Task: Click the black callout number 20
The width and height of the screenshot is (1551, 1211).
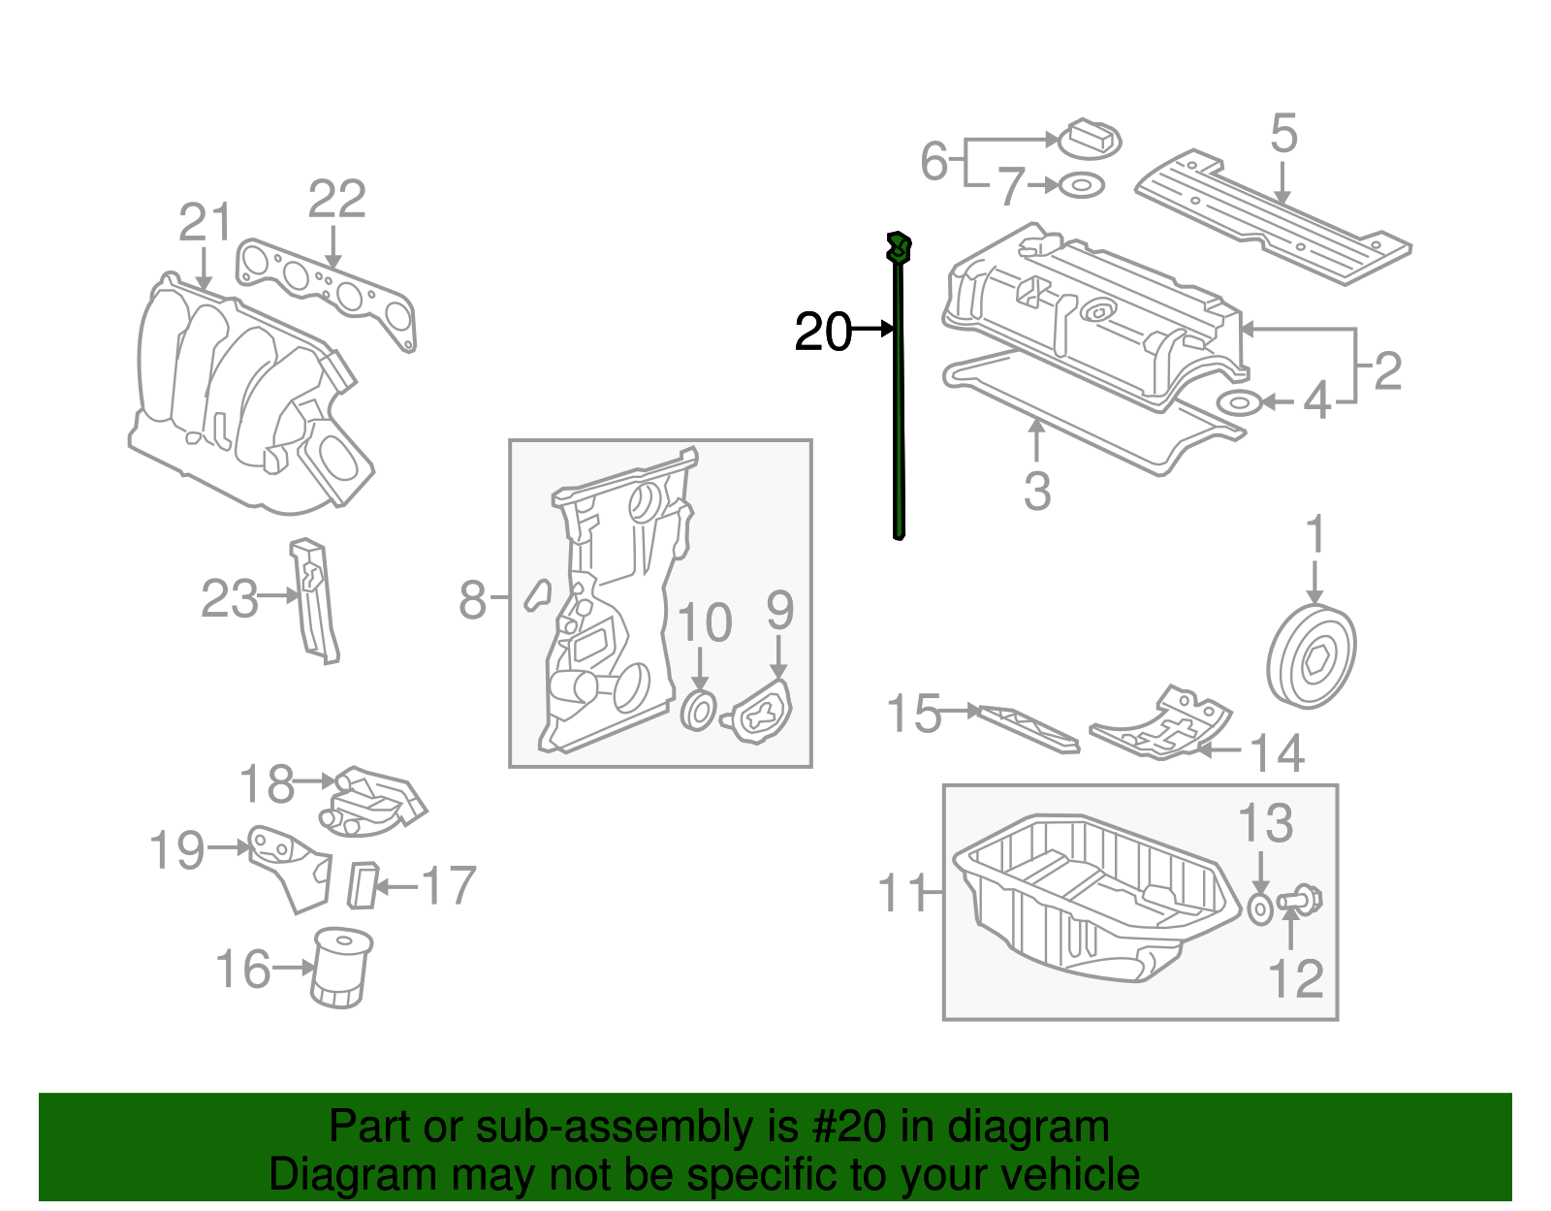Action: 822,333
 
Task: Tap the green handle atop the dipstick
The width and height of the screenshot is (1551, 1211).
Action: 899,248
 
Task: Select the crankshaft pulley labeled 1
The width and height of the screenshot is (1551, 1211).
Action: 1311,657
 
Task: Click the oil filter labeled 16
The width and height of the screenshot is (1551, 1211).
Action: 341,968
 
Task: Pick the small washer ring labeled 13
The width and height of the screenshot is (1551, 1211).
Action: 1259,909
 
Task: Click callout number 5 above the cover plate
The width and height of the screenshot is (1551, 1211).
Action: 1283,134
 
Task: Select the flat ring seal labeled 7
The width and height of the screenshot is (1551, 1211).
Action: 1081,184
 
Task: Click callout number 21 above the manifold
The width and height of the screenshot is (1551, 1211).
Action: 206,223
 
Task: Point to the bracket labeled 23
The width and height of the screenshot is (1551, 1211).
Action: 315,602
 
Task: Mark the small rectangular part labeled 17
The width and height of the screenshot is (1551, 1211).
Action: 363,884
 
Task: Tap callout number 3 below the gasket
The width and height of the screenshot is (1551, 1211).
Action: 1037,492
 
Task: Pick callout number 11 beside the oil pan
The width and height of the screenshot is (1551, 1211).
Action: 902,893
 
